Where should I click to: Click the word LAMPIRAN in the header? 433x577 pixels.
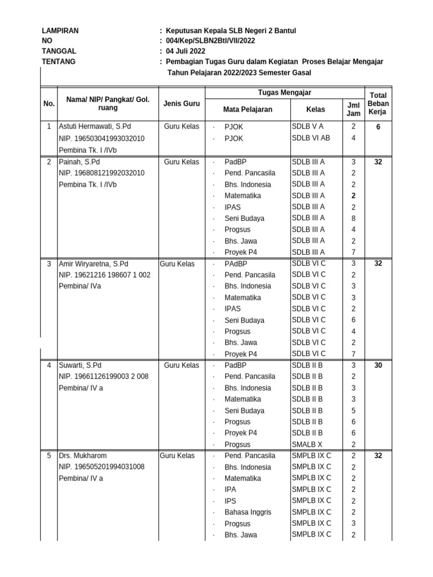click(60, 31)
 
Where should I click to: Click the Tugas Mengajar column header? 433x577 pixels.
click(285, 93)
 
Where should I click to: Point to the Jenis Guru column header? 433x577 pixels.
click(182, 104)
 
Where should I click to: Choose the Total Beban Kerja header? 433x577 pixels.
click(378, 104)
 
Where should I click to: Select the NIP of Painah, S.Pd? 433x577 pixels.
click(101, 173)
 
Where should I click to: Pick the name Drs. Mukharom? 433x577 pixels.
click(83, 456)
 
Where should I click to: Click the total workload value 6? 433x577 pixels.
click(378, 127)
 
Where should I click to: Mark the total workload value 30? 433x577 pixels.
click(378, 365)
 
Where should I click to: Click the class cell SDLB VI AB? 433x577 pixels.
click(311, 137)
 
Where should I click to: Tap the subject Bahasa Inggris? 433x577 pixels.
click(248, 512)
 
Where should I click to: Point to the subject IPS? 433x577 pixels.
click(231, 501)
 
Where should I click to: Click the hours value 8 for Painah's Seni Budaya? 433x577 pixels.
click(354, 218)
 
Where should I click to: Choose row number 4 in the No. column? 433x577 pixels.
click(49, 365)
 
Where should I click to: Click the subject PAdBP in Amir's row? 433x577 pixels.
click(236, 264)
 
